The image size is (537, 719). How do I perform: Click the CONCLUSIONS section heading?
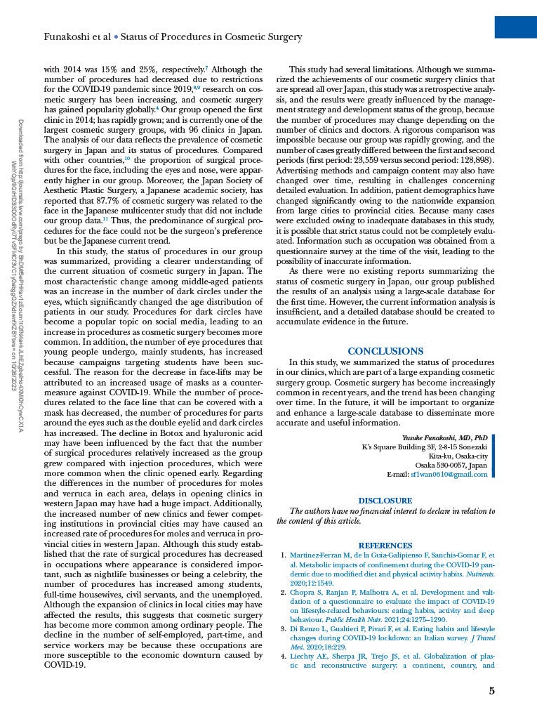(x=385, y=351)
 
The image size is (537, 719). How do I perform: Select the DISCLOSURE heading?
(x=385, y=501)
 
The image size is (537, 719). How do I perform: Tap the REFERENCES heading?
(x=385, y=546)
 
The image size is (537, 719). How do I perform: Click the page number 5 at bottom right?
(x=491, y=691)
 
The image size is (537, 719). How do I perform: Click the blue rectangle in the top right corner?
(x=515, y=27)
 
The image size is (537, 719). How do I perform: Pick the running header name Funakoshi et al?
(x=77, y=37)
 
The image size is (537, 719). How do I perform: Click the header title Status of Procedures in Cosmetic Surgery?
(x=211, y=37)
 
